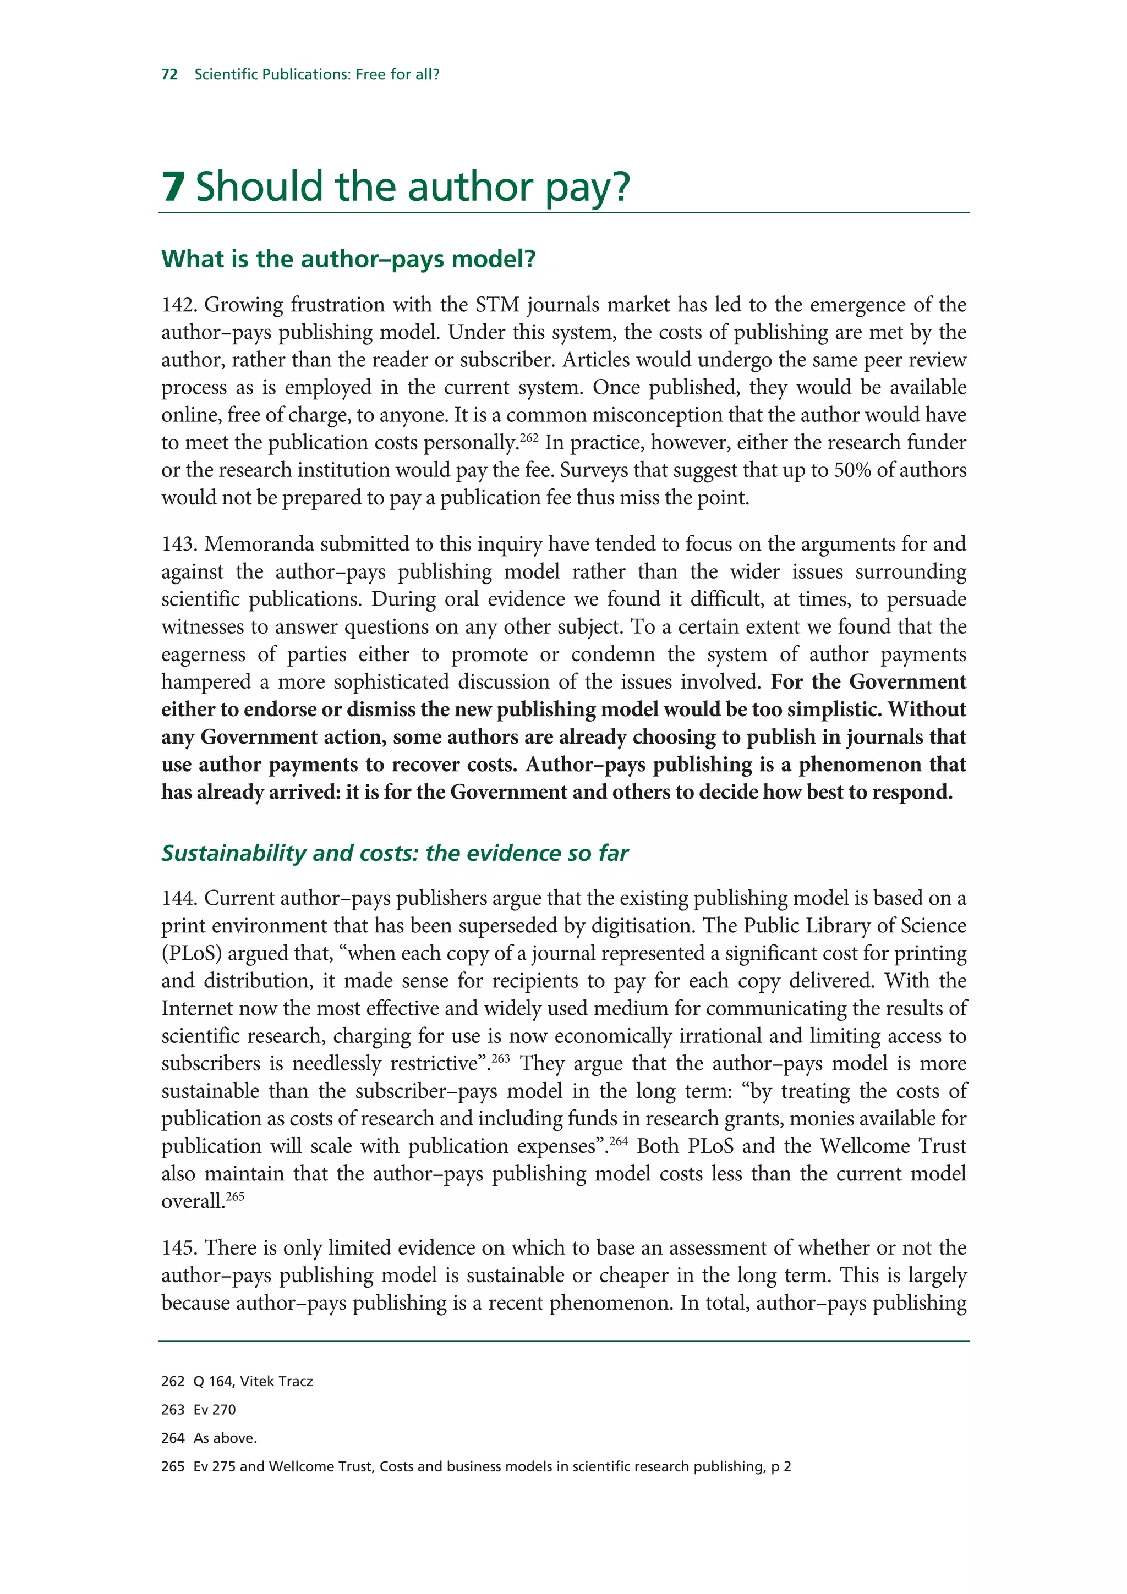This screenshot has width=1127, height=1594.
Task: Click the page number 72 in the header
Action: [169, 74]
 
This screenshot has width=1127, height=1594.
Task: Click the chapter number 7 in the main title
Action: [173, 187]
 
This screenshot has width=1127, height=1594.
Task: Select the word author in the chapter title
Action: [470, 187]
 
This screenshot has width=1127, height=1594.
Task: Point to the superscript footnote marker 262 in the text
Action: [529, 437]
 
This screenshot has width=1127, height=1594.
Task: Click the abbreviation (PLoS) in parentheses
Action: [192, 954]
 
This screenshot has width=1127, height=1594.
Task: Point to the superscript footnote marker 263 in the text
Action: [501, 1058]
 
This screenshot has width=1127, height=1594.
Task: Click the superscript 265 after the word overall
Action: [236, 1196]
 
